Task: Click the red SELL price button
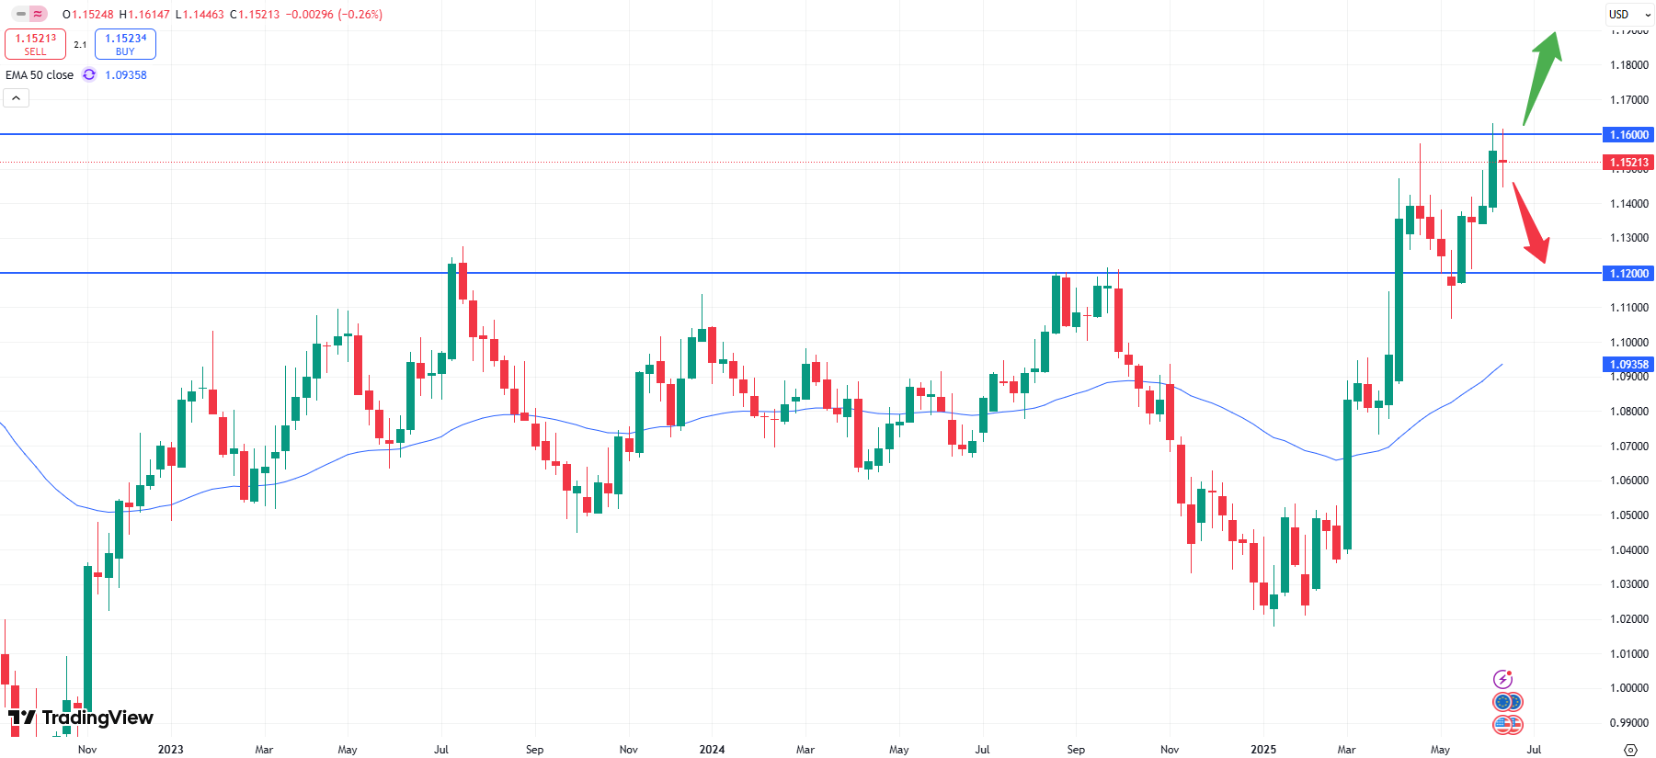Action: [x=35, y=44]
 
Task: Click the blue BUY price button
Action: [x=125, y=44]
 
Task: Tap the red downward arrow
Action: [x=1531, y=223]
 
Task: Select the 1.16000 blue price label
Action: [x=1628, y=135]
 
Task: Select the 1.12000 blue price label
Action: [x=1628, y=274]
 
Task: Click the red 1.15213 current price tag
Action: [x=1628, y=163]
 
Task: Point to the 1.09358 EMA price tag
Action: [x=1628, y=365]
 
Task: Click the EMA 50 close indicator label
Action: [x=40, y=75]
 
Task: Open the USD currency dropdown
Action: [x=1629, y=15]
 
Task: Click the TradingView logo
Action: [x=81, y=718]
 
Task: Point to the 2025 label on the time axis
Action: [x=1263, y=750]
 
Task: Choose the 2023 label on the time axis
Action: [x=170, y=750]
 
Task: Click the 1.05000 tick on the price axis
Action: [x=1628, y=515]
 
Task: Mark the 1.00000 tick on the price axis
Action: [x=1628, y=688]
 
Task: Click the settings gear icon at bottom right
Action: [x=1630, y=750]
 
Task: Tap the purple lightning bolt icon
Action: [x=1502, y=679]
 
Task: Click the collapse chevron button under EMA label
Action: [x=17, y=98]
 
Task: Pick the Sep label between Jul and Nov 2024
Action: [x=1076, y=750]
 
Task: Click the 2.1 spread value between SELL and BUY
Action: [x=80, y=45]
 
